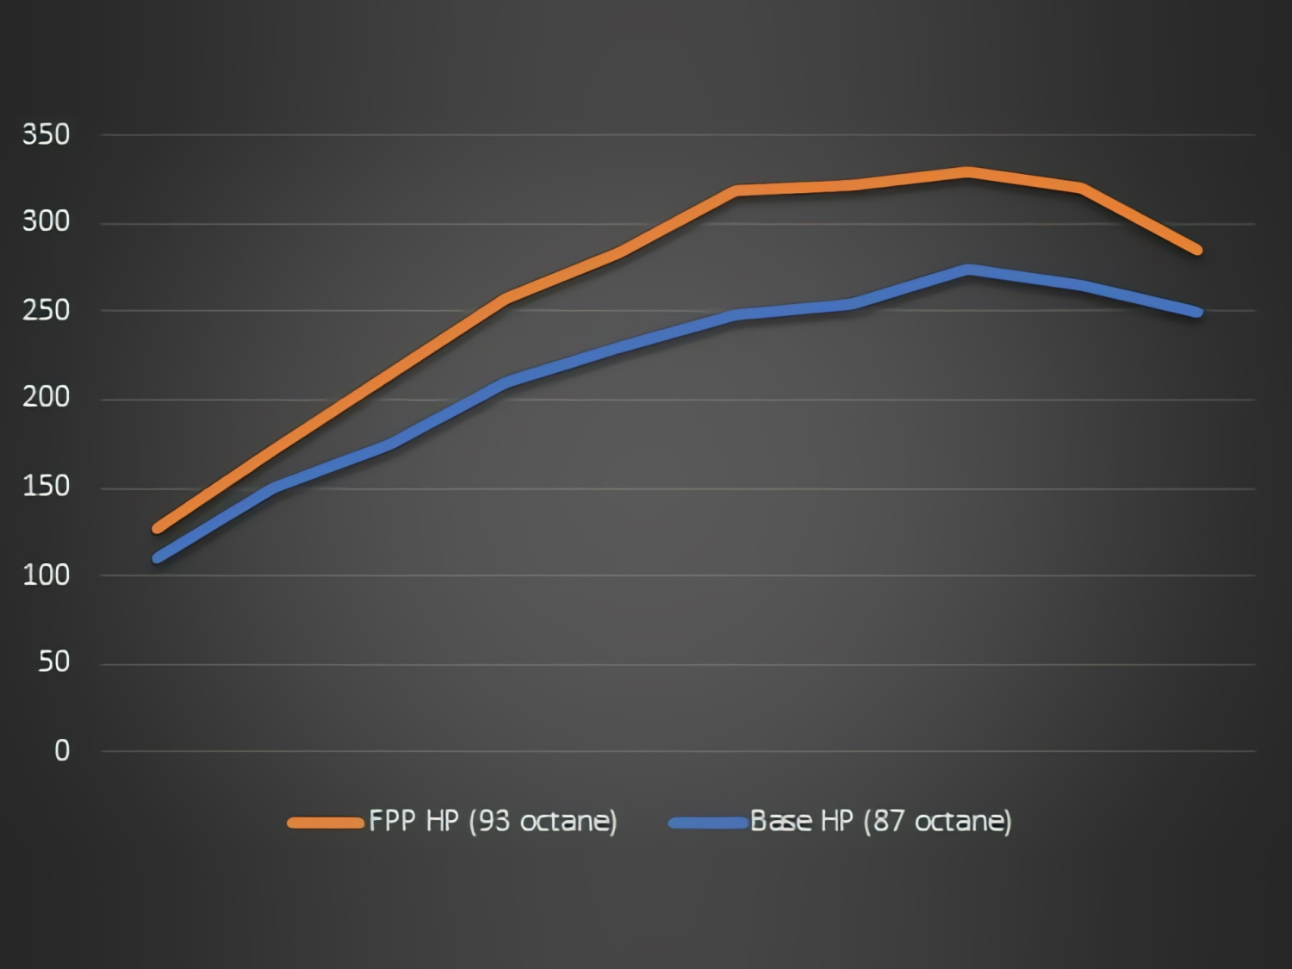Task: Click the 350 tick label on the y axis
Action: [46, 134]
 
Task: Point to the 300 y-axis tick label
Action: [46, 221]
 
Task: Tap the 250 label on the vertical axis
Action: [46, 310]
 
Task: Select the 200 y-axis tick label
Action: [46, 397]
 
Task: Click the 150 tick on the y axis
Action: [46, 486]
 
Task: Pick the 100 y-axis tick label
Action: [46, 575]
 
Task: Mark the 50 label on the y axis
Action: [53, 662]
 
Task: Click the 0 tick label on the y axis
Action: [62, 750]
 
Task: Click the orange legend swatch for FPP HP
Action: [325, 823]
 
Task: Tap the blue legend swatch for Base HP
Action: [707, 823]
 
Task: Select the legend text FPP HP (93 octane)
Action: [493, 821]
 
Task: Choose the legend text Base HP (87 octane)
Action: [880, 821]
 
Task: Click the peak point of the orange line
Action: [967, 173]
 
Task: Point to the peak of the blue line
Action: [968, 270]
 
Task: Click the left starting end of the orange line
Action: [158, 528]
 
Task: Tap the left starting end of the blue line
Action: [158, 558]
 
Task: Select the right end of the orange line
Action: [1197, 250]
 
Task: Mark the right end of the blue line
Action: [1197, 312]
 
